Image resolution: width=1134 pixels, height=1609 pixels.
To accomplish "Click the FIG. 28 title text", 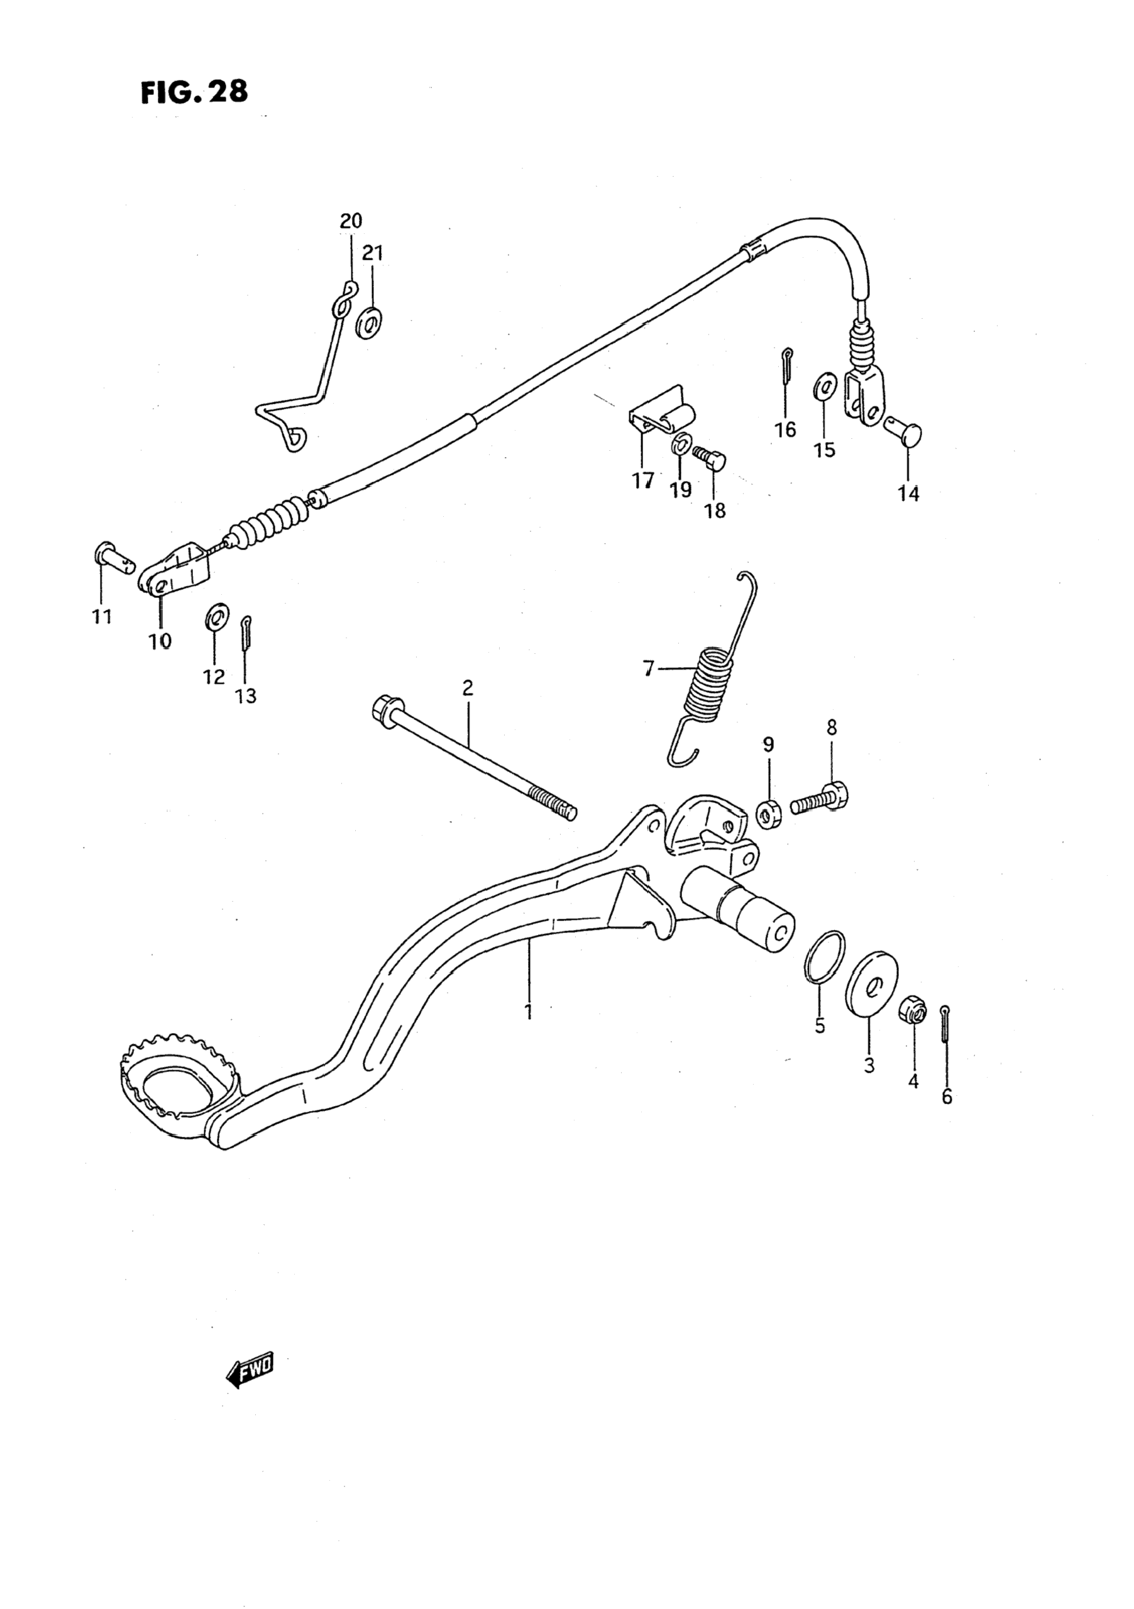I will click(x=194, y=92).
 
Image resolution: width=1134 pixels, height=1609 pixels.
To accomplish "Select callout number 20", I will click(x=351, y=221).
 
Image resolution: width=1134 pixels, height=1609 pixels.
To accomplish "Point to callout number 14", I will click(x=908, y=494).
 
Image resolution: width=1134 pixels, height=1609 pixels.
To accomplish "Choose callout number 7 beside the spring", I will click(x=649, y=668).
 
